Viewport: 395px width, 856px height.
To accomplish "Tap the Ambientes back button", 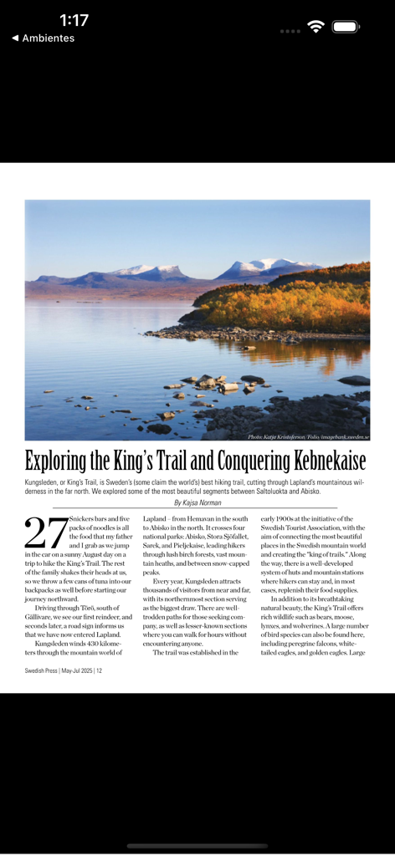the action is tap(44, 38).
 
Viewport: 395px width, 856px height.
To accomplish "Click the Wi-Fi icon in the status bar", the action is tap(315, 27).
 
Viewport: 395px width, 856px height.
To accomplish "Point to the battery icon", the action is tap(346, 27).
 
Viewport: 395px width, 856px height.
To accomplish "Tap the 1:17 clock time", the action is tap(74, 20).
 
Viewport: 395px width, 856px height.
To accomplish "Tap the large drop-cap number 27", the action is tap(46, 534).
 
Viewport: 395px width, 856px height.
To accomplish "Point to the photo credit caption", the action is tap(307, 436).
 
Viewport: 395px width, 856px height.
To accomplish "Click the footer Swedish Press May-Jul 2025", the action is tap(64, 670).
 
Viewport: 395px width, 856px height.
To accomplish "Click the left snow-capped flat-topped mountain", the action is tap(155, 271).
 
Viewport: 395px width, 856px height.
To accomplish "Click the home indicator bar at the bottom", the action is tap(197, 846).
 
